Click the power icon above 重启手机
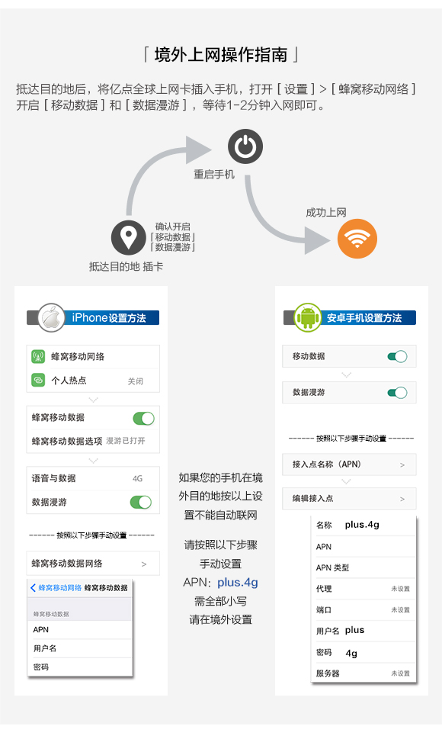pos(245,146)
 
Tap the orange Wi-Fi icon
pos(357,239)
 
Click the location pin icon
pos(128,237)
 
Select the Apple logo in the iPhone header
pos(51,318)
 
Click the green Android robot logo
pos(308,317)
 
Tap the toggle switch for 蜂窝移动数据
pos(143,418)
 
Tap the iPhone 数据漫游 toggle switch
pos(141,503)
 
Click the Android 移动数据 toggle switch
pos(397,357)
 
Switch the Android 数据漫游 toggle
pos(397,393)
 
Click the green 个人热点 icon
pos(38,380)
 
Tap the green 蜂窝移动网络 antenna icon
pos(38,356)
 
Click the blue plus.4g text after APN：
pos(238,583)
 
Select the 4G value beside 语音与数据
pos(137,479)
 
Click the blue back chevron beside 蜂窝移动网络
pos(33,588)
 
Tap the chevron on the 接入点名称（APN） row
pos(402,464)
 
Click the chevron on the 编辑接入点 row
pos(402,499)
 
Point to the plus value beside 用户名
pos(354,631)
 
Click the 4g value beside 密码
pos(351,654)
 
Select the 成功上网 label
pos(326,213)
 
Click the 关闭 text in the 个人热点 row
pos(136,381)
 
